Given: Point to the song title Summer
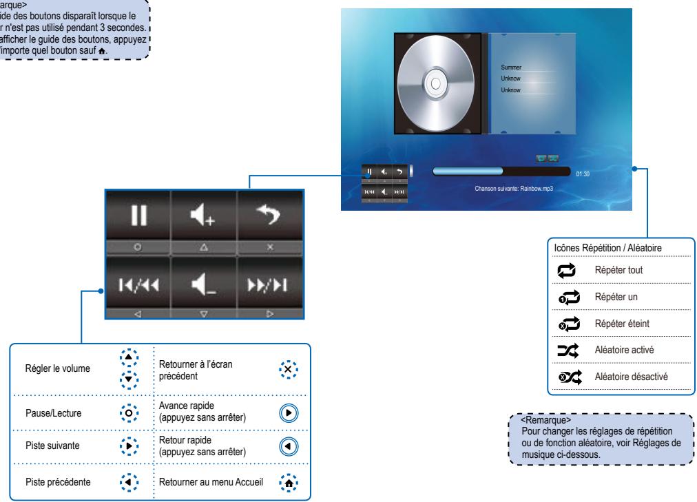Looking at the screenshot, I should click(511, 67).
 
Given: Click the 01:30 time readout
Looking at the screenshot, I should click(583, 173).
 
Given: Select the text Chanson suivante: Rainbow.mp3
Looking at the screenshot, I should click(514, 188).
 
